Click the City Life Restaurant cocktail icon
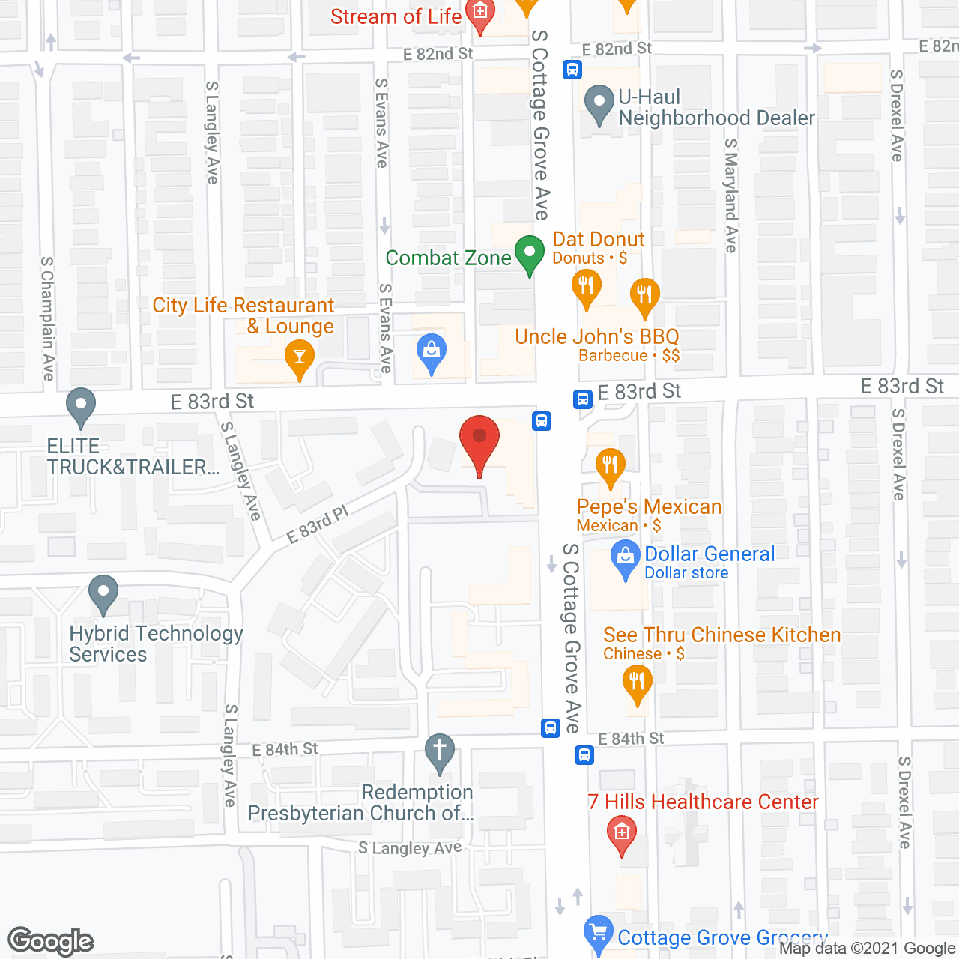(300, 357)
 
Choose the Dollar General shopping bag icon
(624, 558)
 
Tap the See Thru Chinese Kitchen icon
(637, 683)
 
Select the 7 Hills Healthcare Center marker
(621, 832)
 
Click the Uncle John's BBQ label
(597, 337)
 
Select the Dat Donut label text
(598, 240)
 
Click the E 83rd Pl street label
(318, 524)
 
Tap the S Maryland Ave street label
(731, 195)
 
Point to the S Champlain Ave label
(47, 318)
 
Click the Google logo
(51, 941)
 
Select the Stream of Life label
(396, 16)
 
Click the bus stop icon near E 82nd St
(572, 70)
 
